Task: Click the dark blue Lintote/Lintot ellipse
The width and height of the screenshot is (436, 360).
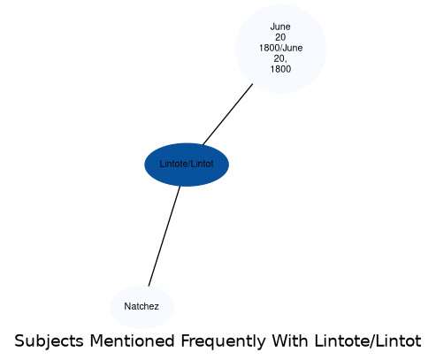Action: click(x=187, y=165)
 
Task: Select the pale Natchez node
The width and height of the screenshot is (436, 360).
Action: click(x=142, y=307)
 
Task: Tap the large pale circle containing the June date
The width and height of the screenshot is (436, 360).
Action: click(x=281, y=49)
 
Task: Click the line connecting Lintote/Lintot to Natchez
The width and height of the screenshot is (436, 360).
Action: click(x=164, y=236)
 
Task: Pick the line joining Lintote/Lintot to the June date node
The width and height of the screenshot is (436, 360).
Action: click(x=228, y=114)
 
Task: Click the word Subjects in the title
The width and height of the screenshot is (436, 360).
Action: click(x=49, y=342)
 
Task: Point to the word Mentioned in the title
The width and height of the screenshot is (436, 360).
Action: click(x=132, y=341)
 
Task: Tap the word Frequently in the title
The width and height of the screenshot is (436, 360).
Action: click(x=223, y=342)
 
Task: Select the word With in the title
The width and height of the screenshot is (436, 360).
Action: click(x=290, y=341)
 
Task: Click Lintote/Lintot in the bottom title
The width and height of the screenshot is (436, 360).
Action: click(x=368, y=341)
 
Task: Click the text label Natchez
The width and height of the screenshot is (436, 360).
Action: click(x=142, y=306)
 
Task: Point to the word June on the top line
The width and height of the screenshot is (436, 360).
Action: click(x=280, y=27)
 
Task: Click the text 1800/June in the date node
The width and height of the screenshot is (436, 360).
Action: click(x=281, y=48)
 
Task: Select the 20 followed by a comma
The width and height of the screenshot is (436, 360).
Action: click(x=280, y=58)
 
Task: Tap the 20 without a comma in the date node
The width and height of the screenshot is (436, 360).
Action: click(x=280, y=37)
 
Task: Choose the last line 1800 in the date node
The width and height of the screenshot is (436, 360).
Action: click(x=280, y=69)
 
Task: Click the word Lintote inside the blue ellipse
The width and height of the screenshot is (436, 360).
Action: click(x=172, y=164)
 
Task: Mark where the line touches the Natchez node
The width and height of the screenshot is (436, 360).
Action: click(x=149, y=286)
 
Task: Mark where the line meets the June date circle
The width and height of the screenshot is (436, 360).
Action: click(x=253, y=84)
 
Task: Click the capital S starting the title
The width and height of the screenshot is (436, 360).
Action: click(x=19, y=341)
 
